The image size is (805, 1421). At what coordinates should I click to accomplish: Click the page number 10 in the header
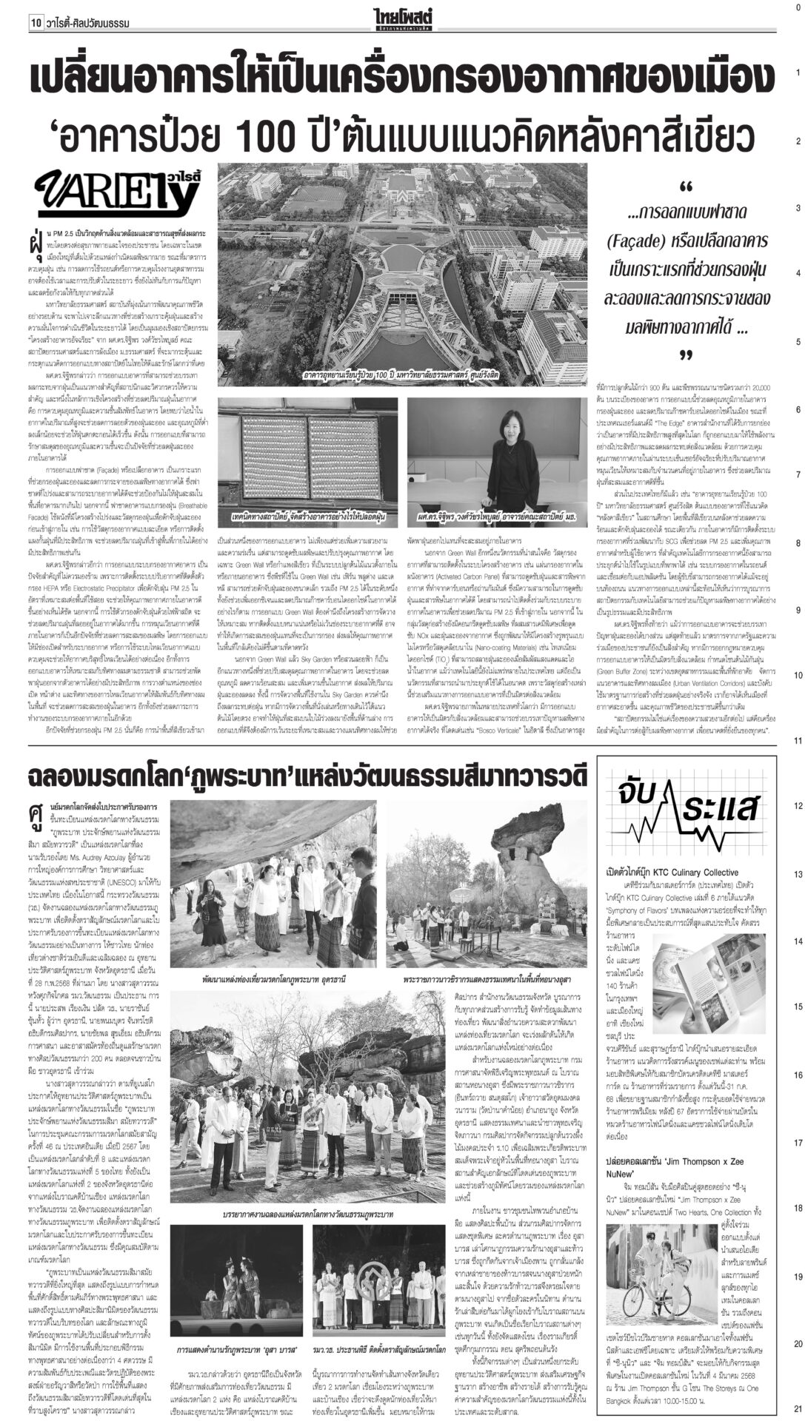[35, 23]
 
